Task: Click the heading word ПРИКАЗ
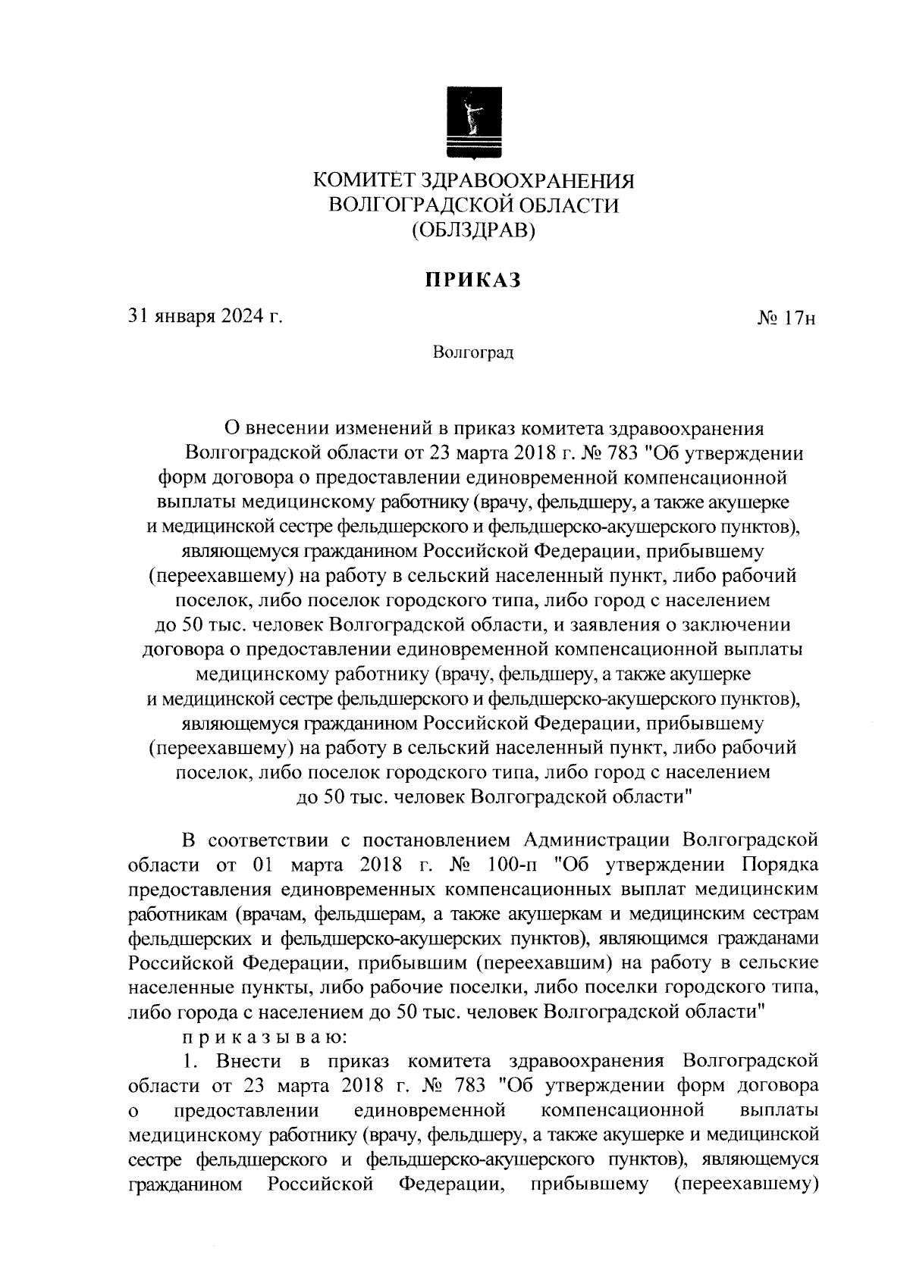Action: pos(473,280)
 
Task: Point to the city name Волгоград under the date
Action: pos(473,352)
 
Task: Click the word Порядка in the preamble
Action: pos(780,865)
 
